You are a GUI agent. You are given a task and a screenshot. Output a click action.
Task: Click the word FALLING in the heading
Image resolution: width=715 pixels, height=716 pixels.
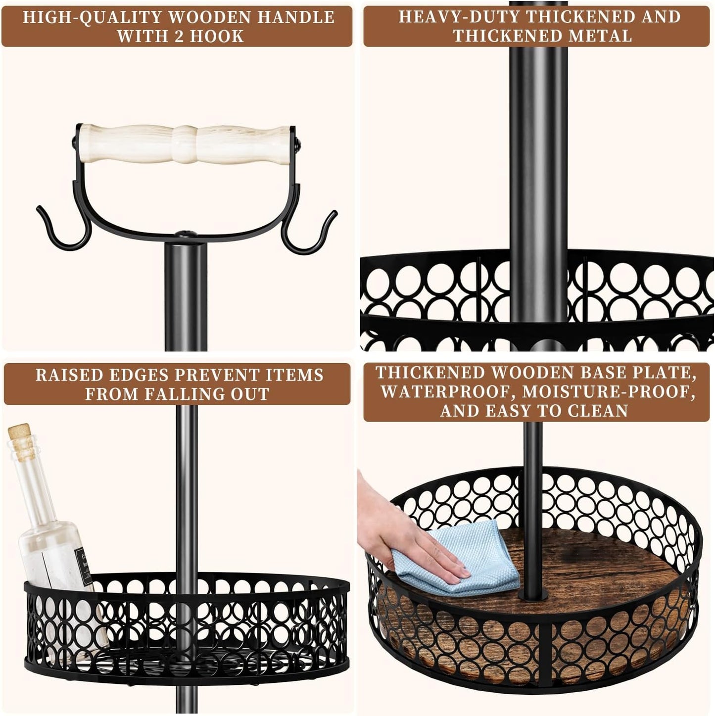182,394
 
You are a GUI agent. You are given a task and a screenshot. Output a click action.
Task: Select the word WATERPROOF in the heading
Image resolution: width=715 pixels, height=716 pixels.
445,392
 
